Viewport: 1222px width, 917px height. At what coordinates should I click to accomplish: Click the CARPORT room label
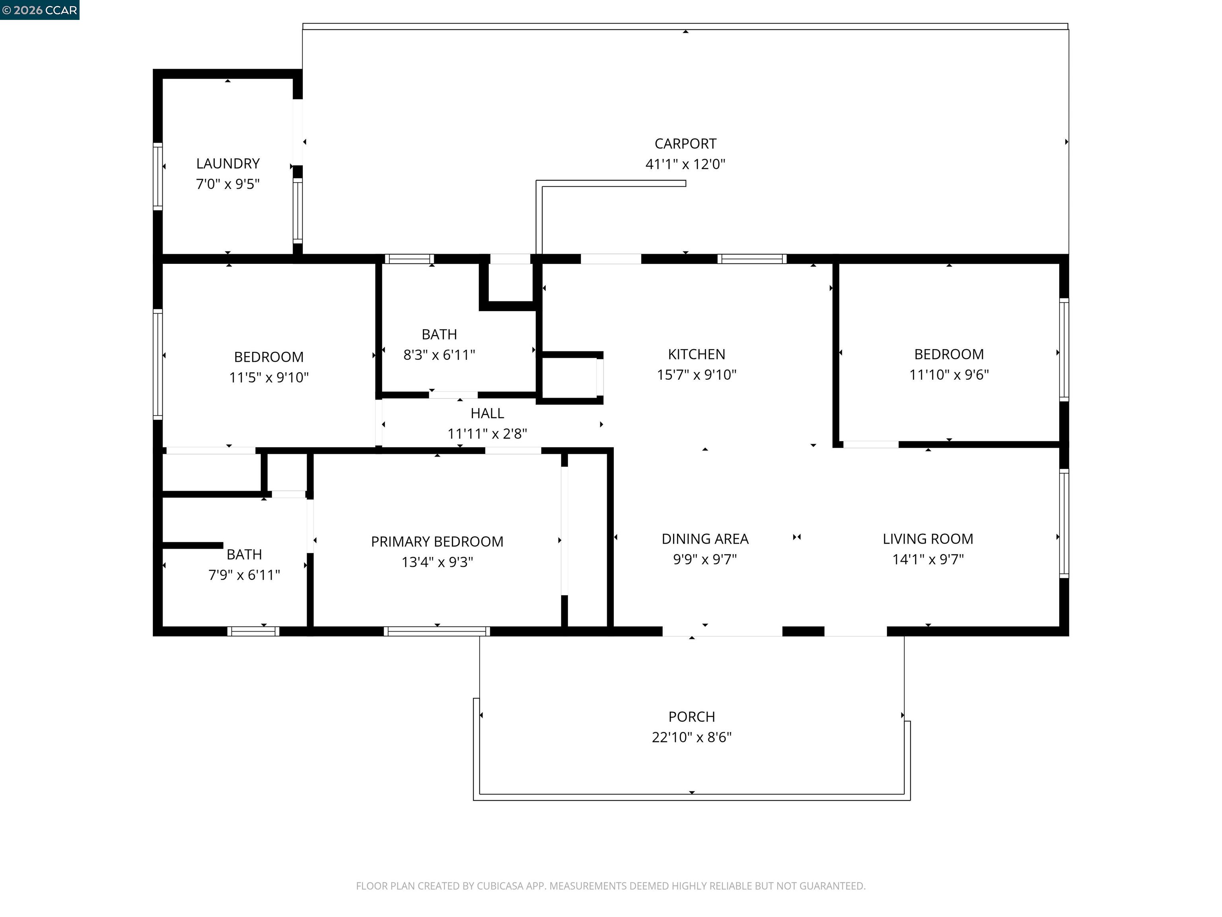click(685, 144)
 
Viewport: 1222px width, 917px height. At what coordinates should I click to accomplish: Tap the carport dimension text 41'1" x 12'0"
click(685, 164)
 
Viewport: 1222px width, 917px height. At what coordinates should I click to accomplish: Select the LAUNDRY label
click(228, 164)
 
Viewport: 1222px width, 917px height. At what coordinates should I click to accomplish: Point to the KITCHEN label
click(696, 354)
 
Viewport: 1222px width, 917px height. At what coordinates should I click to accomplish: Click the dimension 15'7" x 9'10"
click(696, 375)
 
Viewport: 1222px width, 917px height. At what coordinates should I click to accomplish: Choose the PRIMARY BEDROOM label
click(437, 542)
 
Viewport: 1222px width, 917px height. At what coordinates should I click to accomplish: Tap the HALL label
click(487, 414)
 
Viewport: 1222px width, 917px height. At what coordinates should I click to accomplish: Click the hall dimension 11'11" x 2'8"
click(487, 434)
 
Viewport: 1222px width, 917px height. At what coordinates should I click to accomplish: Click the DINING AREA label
click(705, 539)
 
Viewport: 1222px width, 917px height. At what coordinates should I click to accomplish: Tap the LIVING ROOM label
click(928, 539)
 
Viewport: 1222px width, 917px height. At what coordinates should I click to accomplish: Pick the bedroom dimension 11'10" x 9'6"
click(949, 375)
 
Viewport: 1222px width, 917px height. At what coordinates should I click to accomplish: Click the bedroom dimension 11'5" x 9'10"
click(269, 378)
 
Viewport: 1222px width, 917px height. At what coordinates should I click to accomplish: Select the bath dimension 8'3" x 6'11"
click(439, 355)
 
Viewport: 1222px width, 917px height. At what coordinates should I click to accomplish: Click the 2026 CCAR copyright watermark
click(40, 10)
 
